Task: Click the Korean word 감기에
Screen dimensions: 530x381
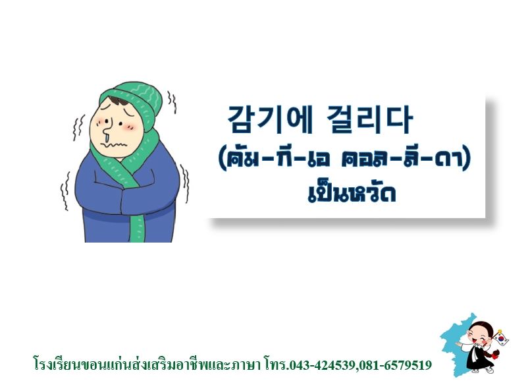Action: [270, 119]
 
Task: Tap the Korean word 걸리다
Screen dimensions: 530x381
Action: [370, 119]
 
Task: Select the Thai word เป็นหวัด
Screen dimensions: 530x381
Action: [352, 194]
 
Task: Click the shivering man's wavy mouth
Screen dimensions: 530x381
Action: [116, 144]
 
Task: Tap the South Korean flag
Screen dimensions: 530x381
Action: [501, 337]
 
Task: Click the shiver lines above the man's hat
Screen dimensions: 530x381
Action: [172, 102]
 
